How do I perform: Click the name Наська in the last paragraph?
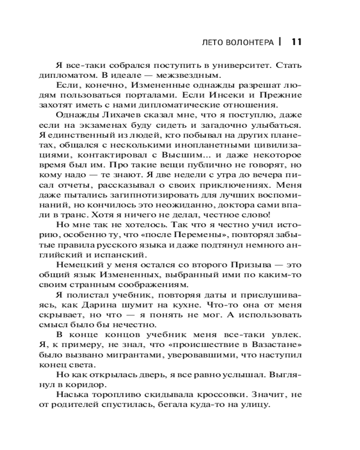70,394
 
